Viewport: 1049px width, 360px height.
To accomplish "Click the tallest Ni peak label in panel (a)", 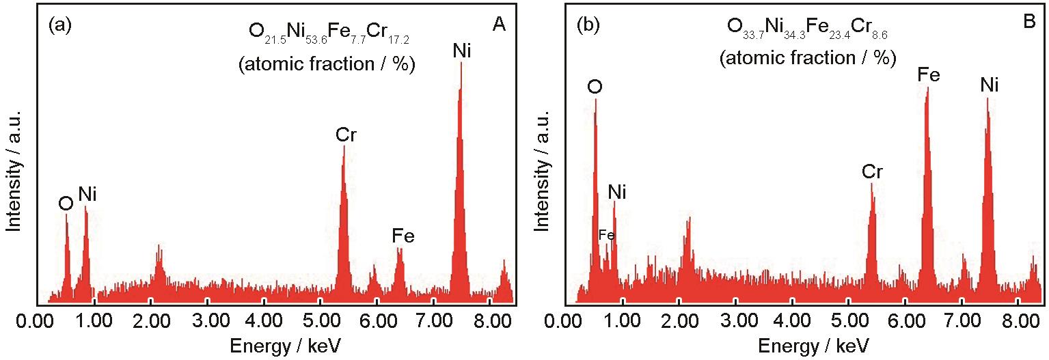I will pyautogui.click(x=461, y=50).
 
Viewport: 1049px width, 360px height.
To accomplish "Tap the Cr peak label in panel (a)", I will pyautogui.click(x=345, y=135).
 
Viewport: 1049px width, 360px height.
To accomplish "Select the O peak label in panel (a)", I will pyautogui.click(x=66, y=204).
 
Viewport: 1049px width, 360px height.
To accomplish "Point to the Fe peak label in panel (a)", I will pyautogui.click(x=403, y=236).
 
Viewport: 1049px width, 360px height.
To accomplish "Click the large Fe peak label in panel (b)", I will pyautogui.click(x=928, y=75).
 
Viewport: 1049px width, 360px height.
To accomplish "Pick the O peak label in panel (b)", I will pyautogui.click(x=595, y=87).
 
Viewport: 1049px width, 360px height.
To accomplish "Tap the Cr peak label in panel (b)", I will pyautogui.click(x=872, y=171).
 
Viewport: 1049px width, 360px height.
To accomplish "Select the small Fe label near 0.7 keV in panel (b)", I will pyautogui.click(x=606, y=235).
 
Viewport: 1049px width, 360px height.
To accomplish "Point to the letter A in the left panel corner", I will pyautogui.click(x=498, y=26).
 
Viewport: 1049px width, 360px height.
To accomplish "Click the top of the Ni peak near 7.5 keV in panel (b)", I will pyautogui.click(x=987, y=99).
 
